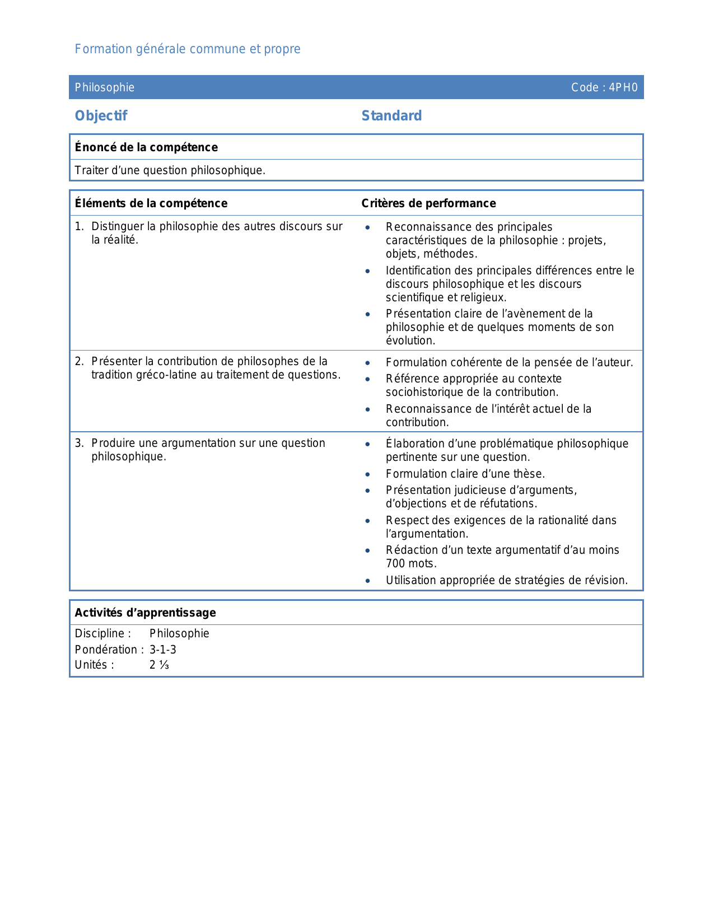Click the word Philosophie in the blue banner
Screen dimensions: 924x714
pos(105,87)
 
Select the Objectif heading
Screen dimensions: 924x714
pos(101,116)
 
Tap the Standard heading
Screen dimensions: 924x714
pos(391,116)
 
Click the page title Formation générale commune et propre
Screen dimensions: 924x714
pos(188,49)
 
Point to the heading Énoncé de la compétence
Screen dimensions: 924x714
pos(146,147)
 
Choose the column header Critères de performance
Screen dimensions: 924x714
pos(428,203)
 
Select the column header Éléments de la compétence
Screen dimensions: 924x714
pos(151,203)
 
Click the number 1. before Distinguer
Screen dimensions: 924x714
pos(79,226)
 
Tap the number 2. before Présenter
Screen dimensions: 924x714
pos(79,361)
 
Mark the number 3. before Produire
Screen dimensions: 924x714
pos(79,443)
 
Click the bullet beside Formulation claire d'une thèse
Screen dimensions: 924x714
pos(367,474)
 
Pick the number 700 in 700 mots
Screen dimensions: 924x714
pos(395,564)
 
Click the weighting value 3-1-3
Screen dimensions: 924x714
pos(163,650)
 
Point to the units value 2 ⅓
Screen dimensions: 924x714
pos(159,665)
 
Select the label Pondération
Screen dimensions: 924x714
pos(106,650)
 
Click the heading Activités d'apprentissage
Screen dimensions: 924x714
pos(145,613)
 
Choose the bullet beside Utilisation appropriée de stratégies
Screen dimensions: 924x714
pos(367,581)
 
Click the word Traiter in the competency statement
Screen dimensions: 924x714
pos(91,170)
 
